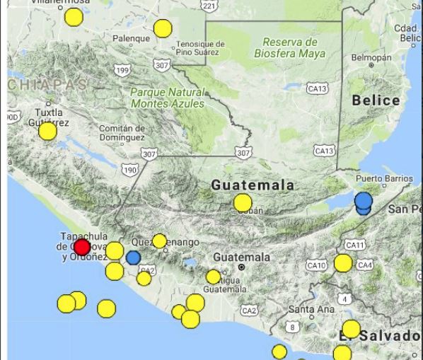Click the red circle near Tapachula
[82, 247]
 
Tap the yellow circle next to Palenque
[163, 28]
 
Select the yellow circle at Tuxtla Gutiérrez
[47, 131]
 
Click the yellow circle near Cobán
[243, 203]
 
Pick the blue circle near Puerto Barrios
[364, 200]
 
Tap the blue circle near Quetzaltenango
[134, 257]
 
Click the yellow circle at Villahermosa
[74, 17]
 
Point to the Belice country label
[376, 100]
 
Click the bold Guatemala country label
[253, 185]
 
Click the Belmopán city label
[371, 57]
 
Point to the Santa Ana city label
[311, 309]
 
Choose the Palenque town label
[132, 38]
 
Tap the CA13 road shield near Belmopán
[318, 88]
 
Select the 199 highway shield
[122, 71]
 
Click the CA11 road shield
[354, 245]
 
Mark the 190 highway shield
[129, 170]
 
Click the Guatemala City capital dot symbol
[241, 268]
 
